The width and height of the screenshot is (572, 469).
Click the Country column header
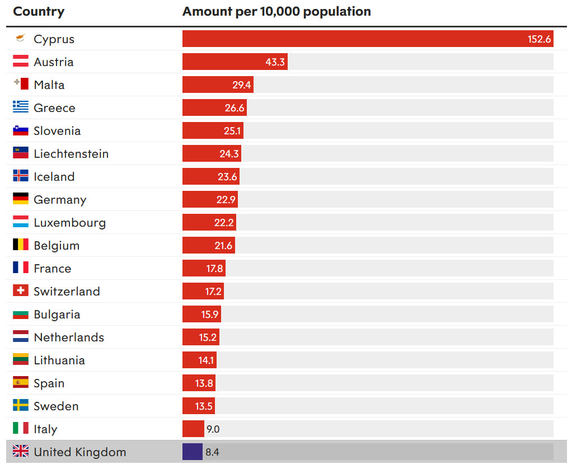[39, 12]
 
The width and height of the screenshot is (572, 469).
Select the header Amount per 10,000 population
[276, 12]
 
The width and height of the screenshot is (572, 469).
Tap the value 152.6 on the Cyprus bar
[540, 39]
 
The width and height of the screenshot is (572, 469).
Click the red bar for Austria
[235, 62]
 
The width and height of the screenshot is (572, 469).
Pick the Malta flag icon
[21, 84]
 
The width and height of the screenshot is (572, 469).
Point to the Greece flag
[21, 107]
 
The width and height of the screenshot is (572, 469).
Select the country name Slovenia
[57, 131]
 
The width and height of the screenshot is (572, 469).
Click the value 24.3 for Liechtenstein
[229, 154]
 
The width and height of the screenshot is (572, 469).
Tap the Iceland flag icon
[21, 176]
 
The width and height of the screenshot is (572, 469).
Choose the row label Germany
[60, 200]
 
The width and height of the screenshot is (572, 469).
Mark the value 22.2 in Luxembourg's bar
[224, 223]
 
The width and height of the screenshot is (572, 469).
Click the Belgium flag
[21, 245]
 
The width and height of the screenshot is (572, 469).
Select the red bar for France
[204, 269]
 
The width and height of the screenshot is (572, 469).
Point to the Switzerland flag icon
[21, 290]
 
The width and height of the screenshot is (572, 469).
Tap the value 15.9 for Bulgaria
[210, 315]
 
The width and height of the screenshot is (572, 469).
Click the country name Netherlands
[69, 337]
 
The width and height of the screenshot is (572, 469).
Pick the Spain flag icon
[21, 382]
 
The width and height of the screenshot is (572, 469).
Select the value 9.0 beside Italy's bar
[213, 429]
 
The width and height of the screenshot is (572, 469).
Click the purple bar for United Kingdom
[192, 452]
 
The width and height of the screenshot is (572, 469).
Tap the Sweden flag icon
[21, 405]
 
